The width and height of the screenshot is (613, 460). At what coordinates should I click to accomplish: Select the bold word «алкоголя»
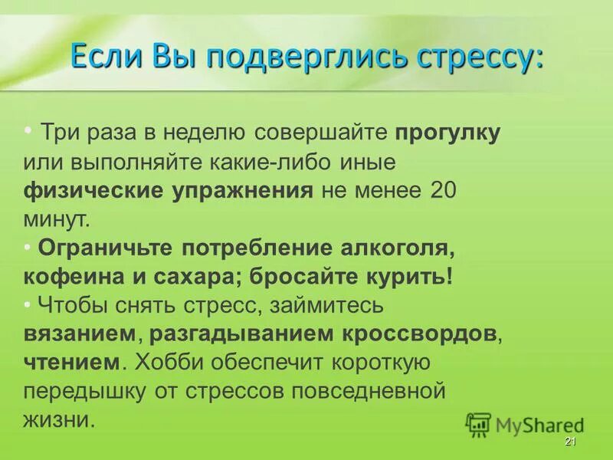(x=397, y=248)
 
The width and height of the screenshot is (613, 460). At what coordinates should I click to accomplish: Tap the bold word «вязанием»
(x=81, y=334)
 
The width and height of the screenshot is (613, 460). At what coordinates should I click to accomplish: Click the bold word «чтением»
(x=72, y=363)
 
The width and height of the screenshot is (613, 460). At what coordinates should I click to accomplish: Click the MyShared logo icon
(x=478, y=424)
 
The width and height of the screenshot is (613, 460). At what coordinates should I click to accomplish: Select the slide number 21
(x=569, y=442)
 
